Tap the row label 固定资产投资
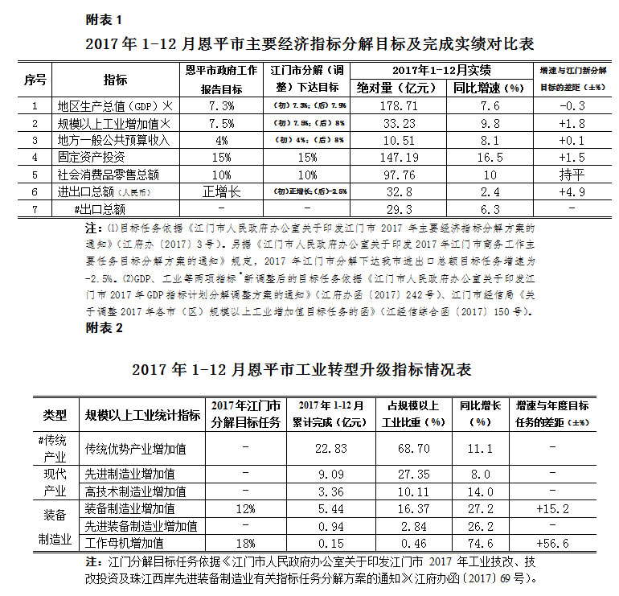tap(92, 157)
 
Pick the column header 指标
tap(115, 79)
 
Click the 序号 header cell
tap(35, 79)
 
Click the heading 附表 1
tap(103, 17)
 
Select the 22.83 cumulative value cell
tap(330, 448)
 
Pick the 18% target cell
tap(245, 544)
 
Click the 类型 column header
tap(55, 414)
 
